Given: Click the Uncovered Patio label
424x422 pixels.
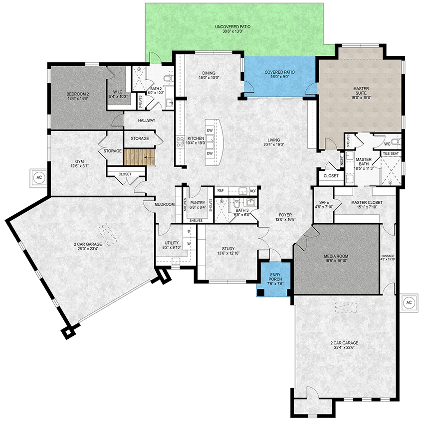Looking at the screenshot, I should pyautogui.click(x=232, y=28).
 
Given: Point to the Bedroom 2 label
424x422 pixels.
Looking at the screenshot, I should pyautogui.click(x=77, y=96).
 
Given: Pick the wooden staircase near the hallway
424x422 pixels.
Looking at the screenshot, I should pyautogui.click(x=139, y=158).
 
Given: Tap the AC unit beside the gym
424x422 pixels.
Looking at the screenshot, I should pyautogui.click(x=38, y=176).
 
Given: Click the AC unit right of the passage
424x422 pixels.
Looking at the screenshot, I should pyautogui.click(x=409, y=302).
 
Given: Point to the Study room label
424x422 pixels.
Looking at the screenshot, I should pyautogui.click(x=228, y=249).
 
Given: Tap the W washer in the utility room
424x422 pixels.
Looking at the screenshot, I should pyautogui.click(x=189, y=244).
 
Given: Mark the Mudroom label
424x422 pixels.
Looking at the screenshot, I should pyautogui.click(x=164, y=204).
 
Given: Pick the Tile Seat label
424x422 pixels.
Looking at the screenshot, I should pyautogui.click(x=390, y=153).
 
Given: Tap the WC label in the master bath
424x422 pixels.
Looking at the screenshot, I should pyautogui.click(x=387, y=143).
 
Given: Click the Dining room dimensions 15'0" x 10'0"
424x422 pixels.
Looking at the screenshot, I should pyautogui.click(x=209, y=78).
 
